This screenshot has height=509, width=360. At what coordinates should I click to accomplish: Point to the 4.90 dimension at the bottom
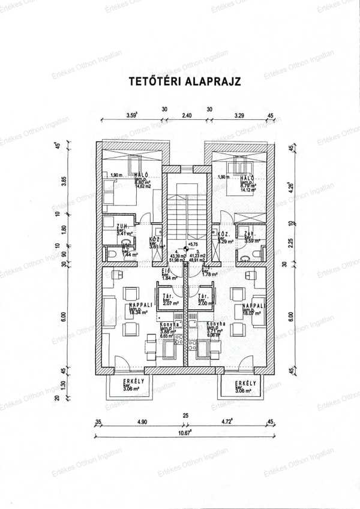point(142,422)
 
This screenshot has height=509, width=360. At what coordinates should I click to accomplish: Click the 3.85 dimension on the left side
point(64,180)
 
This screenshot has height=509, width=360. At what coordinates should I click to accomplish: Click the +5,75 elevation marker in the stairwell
point(193,245)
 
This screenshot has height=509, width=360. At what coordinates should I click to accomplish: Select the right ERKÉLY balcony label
point(245,383)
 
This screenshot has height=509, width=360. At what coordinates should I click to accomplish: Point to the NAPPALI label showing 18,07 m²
point(251,307)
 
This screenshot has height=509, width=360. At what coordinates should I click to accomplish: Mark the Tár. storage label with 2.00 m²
point(203,298)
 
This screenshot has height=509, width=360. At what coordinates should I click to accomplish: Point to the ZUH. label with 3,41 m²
point(125,229)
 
